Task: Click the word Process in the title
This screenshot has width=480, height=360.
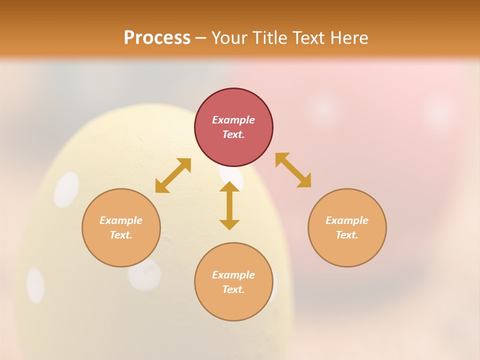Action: [157, 38]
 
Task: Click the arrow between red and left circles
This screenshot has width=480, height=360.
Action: [173, 175]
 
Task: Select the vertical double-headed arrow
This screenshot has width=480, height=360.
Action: [229, 205]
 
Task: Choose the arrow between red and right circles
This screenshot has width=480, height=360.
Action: [293, 170]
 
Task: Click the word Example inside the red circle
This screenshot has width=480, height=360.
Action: [233, 120]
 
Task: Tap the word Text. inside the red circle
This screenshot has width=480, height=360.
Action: [233, 134]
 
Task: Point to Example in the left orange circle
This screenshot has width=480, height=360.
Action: [121, 220]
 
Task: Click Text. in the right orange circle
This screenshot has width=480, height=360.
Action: [346, 235]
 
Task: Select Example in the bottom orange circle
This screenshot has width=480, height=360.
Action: [233, 275]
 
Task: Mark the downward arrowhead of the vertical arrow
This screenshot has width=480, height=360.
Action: [229, 224]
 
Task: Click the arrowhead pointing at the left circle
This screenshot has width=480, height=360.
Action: [161, 187]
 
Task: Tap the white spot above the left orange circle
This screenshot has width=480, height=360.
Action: [66, 189]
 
